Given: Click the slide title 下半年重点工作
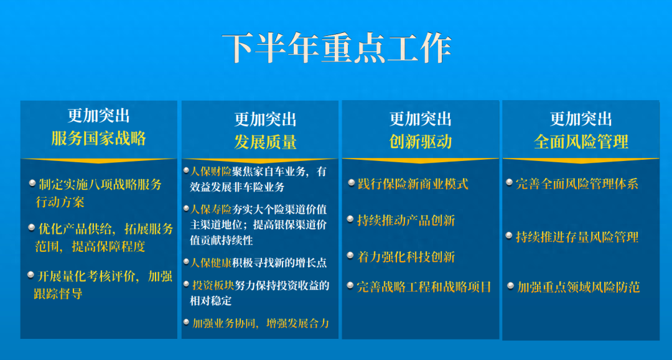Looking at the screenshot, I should [x=336, y=48].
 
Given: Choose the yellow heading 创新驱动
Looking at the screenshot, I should [x=420, y=142].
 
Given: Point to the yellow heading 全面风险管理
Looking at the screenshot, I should [x=581, y=142].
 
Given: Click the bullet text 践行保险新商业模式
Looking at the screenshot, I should [x=413, y=184].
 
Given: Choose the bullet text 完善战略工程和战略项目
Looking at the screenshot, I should [x=424, y=287].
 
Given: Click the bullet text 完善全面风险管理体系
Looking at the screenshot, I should [x=577, y=184].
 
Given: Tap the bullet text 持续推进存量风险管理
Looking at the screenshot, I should [x=577, y=237].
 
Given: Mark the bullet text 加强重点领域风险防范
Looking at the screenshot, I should [x=578, y=287].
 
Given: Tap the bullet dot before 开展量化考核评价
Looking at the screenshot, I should [x=32, y=275].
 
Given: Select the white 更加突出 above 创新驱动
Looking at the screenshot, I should [x=420, y=119].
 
